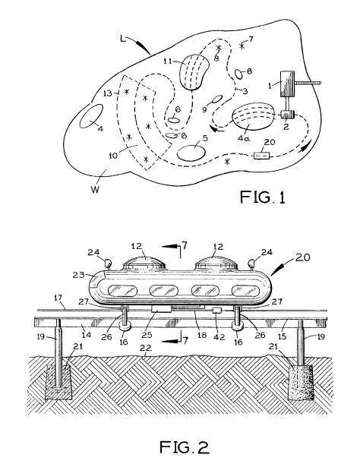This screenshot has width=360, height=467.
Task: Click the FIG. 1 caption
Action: (263, 197)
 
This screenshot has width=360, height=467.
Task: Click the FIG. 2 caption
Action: (185, 447)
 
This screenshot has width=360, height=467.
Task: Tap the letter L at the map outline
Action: (123, 39)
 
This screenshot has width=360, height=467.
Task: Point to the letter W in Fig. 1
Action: (95, 189)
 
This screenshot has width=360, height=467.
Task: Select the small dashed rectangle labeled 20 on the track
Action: (261, 156)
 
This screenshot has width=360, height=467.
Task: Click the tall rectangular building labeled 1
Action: (287, 84)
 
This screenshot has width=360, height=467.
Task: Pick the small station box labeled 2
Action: (287, 115)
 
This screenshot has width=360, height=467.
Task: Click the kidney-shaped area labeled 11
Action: (193, 72)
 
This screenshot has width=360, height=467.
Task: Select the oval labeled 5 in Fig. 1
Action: (191, 153)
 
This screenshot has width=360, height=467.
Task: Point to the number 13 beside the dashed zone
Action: (107, 93)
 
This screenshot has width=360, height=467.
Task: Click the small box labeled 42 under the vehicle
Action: (217, 311)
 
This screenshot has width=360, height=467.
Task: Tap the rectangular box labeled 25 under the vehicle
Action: (161, 308)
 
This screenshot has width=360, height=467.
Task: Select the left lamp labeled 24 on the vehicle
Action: (107, 263)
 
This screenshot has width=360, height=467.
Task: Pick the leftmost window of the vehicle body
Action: (122, 290)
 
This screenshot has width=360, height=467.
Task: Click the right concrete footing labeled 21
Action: (301, 382)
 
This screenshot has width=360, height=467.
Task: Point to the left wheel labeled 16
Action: (125, 326)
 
